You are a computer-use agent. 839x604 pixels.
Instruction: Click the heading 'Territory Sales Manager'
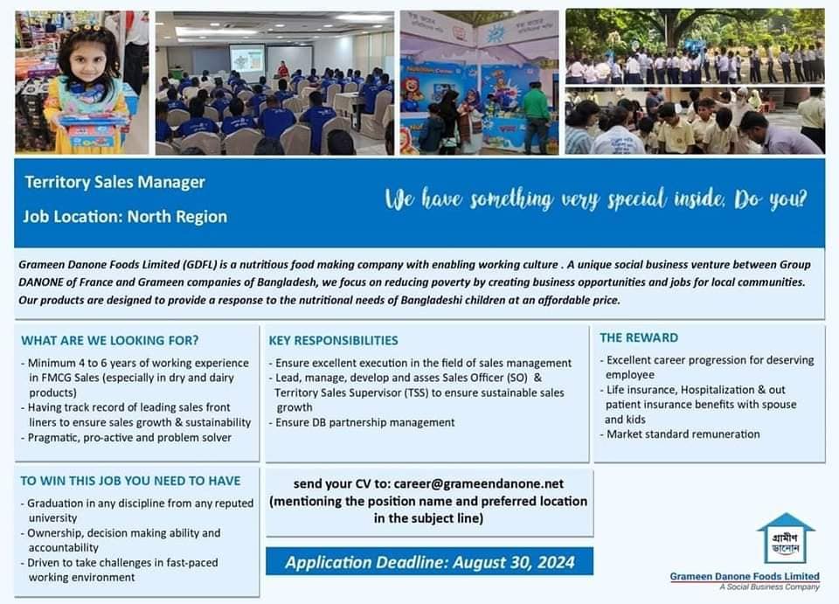[114, 182]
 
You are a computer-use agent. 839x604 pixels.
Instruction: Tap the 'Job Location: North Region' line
[125, 216]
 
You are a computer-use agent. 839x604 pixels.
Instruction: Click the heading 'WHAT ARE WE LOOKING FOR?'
[109, 340]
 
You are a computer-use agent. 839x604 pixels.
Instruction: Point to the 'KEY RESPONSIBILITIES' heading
[333, 340]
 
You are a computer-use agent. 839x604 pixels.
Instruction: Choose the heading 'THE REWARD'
[638, 337]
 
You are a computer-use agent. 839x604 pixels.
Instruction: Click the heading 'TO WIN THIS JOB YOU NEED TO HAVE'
[130, 481]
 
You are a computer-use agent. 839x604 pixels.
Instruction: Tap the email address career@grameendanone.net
[478, 483]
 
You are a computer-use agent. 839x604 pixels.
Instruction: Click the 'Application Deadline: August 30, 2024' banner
[429, 561]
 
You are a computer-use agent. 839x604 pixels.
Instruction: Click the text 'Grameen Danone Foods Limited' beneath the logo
[745, 576]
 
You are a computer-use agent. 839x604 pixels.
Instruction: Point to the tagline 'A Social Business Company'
[769, 587]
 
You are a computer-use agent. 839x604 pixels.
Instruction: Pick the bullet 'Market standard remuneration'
[683, 434]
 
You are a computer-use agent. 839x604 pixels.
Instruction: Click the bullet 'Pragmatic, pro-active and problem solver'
[129, 437]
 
